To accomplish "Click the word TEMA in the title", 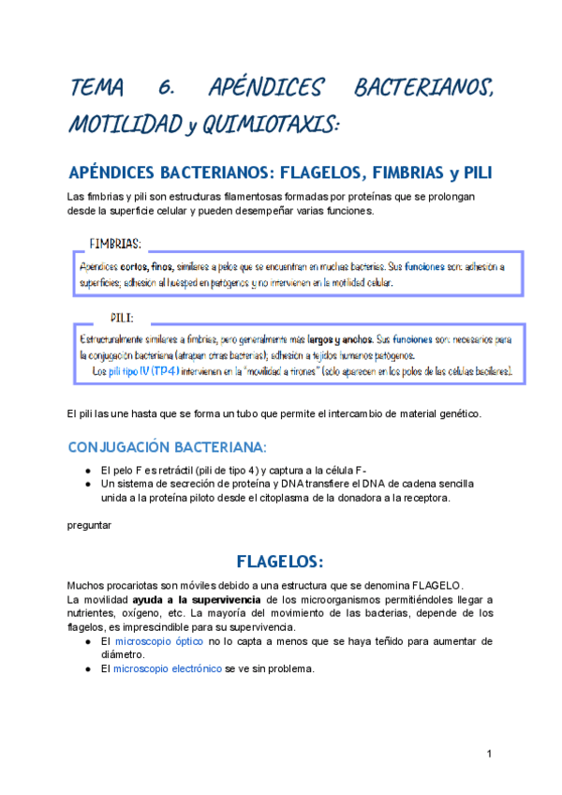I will (96, 89).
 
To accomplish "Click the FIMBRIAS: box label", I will (115, 244).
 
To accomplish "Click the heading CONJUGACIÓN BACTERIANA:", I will (168, 445).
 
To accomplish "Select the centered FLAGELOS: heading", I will (280, 562).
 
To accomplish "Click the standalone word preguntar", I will (90, 525).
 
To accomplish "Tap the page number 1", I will (490, 755).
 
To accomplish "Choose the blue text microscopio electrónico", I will (168, 668).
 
